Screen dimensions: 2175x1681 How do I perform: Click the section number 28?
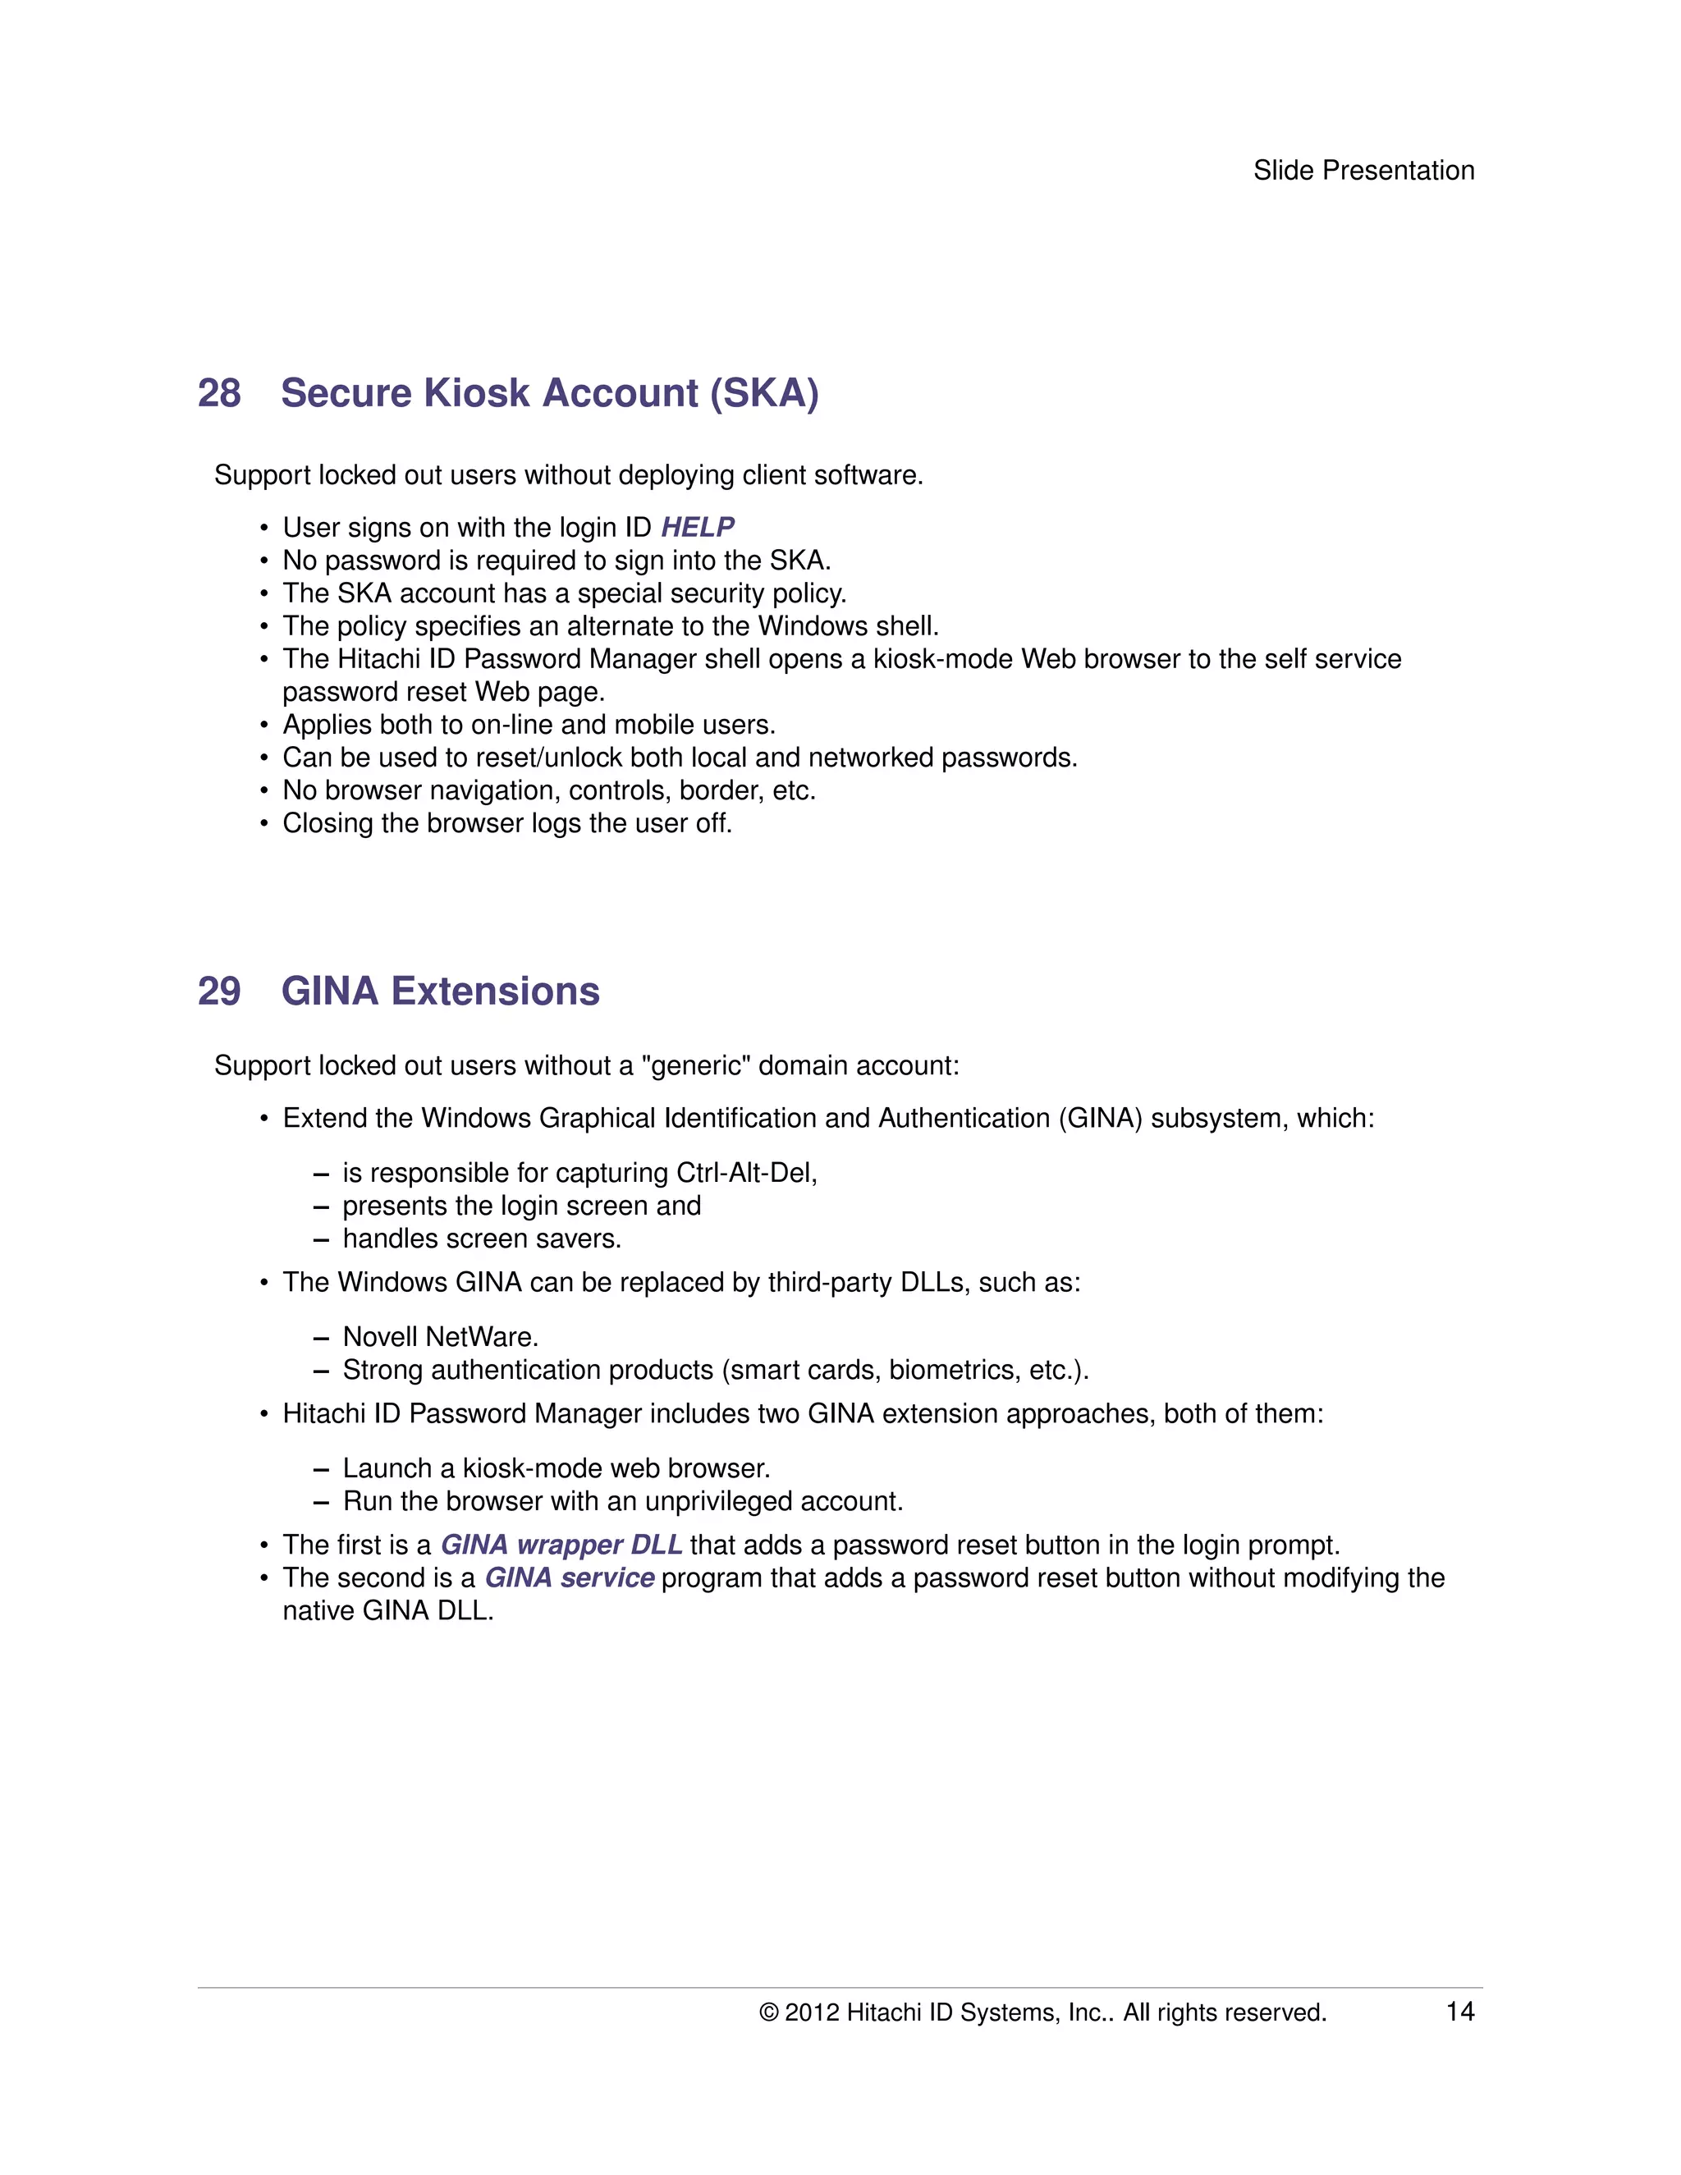[x=219, y=393]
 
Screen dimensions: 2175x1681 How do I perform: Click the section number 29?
[x=219, y=992]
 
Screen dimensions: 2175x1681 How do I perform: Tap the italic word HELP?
[x=697, y=527]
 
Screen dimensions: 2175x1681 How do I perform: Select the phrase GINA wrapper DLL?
[x=561, y=1545]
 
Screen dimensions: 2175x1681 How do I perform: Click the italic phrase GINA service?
[x=569, y=1577]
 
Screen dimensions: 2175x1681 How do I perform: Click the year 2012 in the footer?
[x=812, y=2012]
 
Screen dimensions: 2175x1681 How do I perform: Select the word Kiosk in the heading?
[x=476, y=393]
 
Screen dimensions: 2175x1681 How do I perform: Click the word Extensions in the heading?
[x=495, y=992]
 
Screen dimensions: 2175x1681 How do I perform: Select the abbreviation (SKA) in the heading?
[x=764, y=393]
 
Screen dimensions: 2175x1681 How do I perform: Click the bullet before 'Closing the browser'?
[x=264, y=825]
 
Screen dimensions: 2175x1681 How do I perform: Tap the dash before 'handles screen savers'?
[x=321, y=1240]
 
